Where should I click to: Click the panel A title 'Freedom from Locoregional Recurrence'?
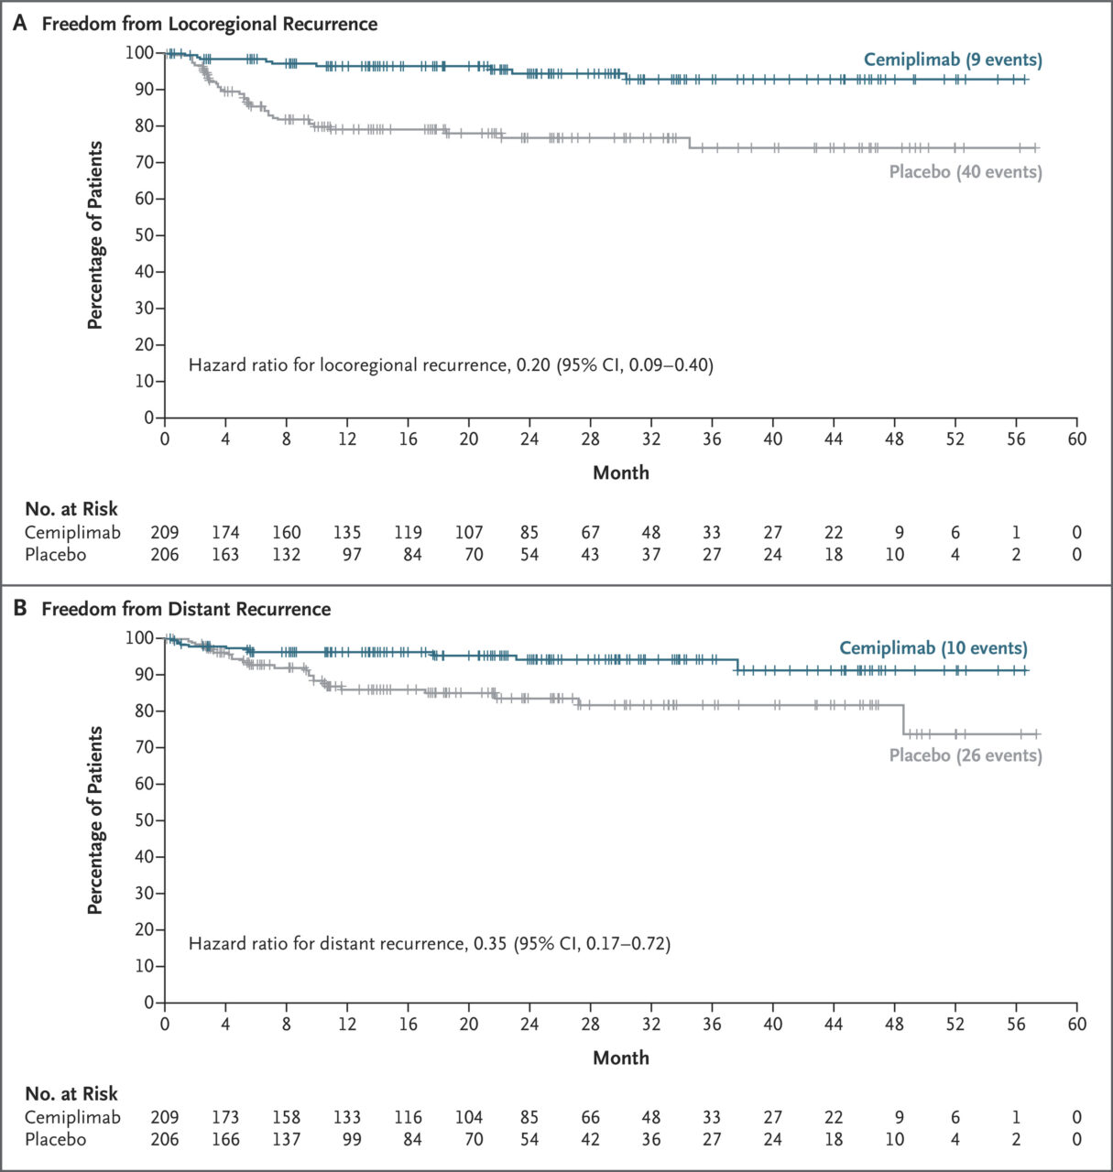(209, 24)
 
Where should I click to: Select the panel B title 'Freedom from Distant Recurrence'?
(186, 609)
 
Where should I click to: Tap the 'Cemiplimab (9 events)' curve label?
(953, 60)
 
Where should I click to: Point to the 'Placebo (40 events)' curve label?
(966, 172)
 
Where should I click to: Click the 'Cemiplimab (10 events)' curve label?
(933, 648)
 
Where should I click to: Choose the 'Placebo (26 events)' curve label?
(966, 755)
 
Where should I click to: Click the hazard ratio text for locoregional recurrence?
(451, 365)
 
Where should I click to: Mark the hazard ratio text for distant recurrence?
(429, 943)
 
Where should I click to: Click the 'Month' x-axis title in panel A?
(620, 472)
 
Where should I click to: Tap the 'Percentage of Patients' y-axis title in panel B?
(94, 820)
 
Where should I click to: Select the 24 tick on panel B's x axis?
(529, 1024)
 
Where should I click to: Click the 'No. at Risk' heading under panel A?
(71, 509)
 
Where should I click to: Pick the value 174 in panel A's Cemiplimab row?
(225, 532)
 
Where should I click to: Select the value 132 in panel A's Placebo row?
(286, 554)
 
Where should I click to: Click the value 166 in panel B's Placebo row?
(225, 1139)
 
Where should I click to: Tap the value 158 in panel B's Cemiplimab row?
(286, 1117)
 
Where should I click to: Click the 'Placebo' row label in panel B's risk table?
(55, 1139)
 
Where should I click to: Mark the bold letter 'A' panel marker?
(20, 24)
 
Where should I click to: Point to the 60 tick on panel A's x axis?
(1076, 439)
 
